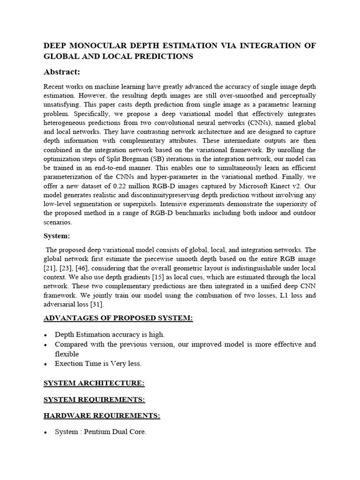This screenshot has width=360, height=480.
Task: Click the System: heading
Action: click(57, 236)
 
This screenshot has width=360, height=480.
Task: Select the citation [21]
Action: click(50, 268)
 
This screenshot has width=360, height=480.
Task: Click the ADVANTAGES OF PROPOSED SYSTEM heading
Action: click(118, 319)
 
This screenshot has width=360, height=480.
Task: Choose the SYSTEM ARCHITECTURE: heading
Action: click(94, 383)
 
